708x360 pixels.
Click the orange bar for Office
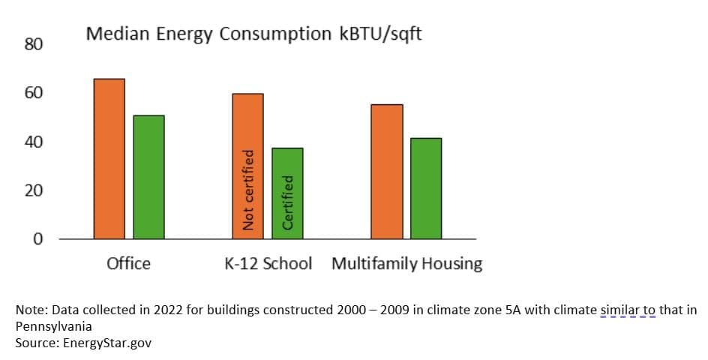point(109,158)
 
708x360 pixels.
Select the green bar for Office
point(148,177)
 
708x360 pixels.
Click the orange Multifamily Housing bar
point(387,171)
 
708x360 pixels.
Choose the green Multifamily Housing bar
point(426,188)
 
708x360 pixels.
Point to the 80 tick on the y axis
point(34,45)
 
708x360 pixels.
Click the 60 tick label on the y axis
point(34,93)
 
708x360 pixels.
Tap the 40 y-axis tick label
point(34,142)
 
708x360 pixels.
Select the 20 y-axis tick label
point(34,190)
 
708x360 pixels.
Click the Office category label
point(128,264)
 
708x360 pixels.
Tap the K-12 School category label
point(268,264)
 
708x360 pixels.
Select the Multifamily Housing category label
point(406,264)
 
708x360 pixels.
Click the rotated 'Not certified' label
point(248,190)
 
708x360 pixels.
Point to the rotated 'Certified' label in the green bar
point(287,202)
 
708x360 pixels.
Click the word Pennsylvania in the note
point(54,327)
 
